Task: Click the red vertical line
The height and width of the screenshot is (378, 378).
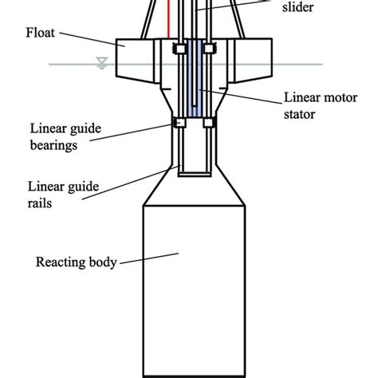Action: pyautogui.click(x=169, y=20)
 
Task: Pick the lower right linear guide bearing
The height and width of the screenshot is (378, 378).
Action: pyautogui.click(x=209, y=122)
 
